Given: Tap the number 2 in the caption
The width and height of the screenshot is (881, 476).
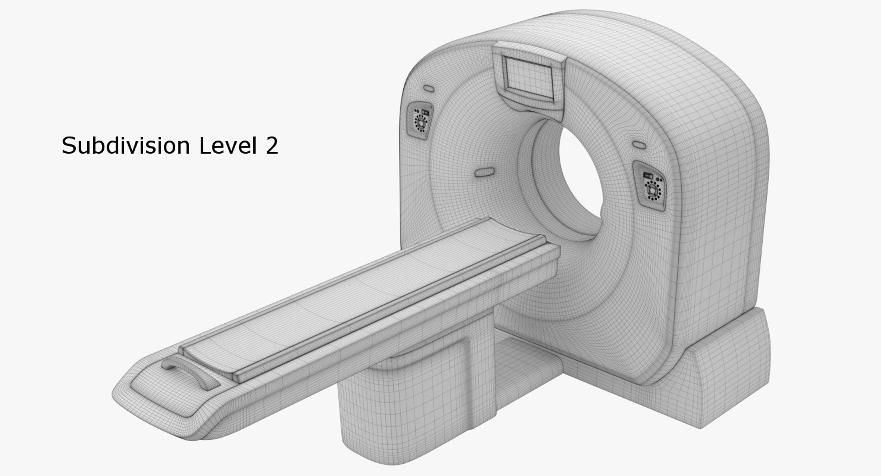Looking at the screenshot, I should coord(271,145).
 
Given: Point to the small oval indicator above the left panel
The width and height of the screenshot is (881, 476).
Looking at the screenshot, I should coord(428,88).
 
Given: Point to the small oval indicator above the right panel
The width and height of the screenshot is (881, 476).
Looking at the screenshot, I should coord(639,144).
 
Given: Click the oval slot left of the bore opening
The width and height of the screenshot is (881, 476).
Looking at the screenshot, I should coord(485,172).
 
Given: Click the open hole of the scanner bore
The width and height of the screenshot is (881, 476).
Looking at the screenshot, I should coord(580,183).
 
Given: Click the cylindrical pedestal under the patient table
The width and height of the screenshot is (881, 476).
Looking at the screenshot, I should coord(390,413).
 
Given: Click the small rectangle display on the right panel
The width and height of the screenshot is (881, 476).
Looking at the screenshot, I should coord(648,176).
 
